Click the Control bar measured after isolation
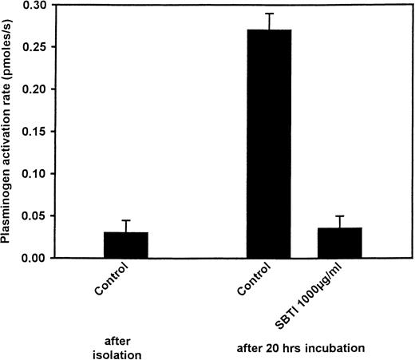coord(126,245)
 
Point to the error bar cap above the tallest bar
coord(269,14)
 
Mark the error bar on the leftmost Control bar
coord(126,226)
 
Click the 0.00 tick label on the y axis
coord(35,258)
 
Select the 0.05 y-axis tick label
coord(35,216)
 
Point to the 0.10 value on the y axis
coord(35,173)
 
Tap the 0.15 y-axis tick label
coord(35,131)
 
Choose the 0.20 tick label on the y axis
coord(35,89)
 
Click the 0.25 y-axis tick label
coord(35,47)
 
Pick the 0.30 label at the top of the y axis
coord(35,5)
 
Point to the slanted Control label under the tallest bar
coord(255,283)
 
